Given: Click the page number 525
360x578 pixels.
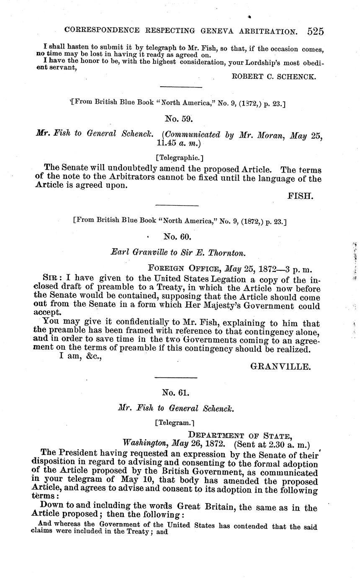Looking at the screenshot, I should point(315,31).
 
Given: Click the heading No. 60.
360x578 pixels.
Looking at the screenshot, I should point(177,237).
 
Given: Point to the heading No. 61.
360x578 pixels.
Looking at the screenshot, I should point(176,392).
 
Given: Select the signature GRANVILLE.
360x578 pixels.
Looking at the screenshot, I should point(280,367).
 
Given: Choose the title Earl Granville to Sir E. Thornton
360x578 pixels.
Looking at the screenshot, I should point(177,253).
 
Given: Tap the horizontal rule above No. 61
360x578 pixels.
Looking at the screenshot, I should point(176,377).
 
